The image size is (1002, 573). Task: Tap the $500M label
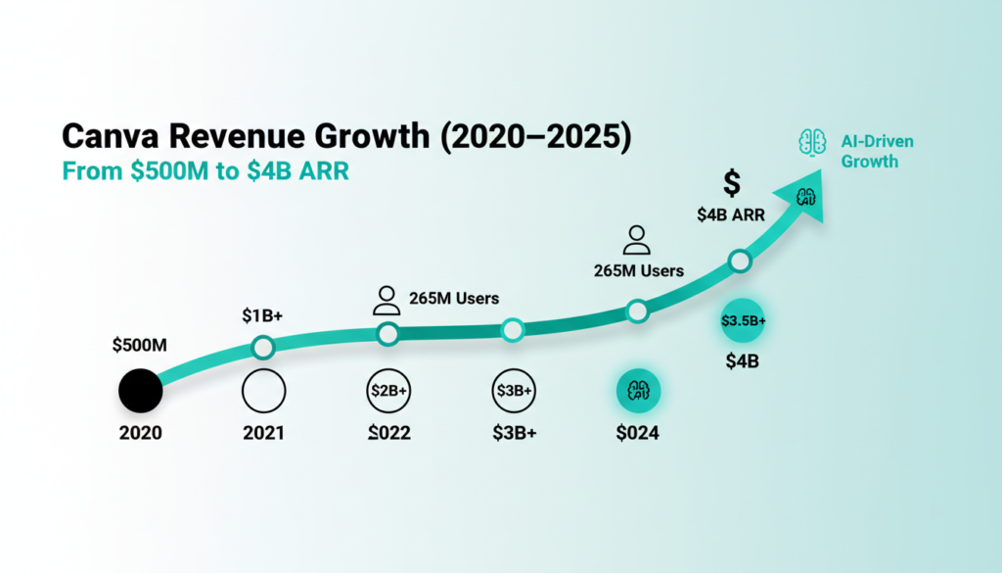point(140,345)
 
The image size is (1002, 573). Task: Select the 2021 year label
point(262,432)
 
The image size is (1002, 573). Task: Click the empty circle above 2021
point(262,391)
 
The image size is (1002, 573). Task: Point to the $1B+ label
point(262,316)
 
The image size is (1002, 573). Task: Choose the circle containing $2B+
point(388,391)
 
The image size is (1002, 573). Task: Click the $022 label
point(388,432)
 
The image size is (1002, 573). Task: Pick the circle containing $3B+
point(513,391)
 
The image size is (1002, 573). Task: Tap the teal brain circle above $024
point(638,391)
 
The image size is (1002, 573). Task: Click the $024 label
point(638,432)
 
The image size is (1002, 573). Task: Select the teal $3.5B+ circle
point(743,320)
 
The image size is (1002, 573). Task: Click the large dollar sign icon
point(731,183)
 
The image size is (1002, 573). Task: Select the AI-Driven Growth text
point(876,151)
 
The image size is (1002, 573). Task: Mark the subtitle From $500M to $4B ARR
point(206,170)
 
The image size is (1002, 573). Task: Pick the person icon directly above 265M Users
point(637,240)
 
